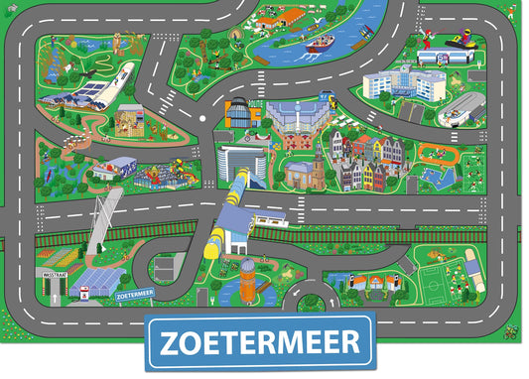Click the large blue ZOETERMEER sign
coord(259,343)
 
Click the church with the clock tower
coord(318,164)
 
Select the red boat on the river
coord(321,45)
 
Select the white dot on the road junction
coord(202,120)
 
